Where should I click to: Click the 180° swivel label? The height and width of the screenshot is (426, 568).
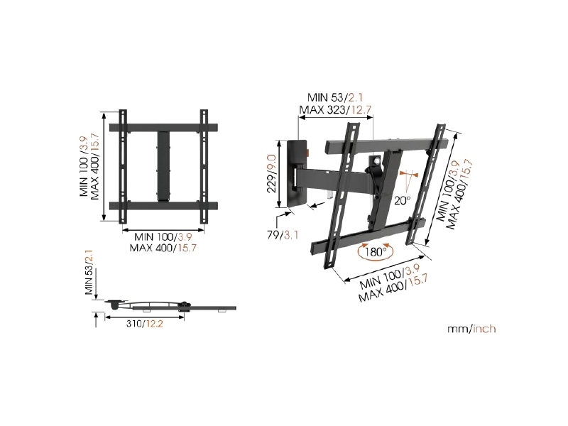[x=375, y=251]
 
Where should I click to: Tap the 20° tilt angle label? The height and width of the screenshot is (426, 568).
[x=402, y=200]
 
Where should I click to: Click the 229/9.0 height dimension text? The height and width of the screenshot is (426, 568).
[x=272, y=174]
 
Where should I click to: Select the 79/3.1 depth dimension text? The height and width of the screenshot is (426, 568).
[x=283, y=235]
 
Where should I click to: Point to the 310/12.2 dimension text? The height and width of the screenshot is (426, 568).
[x=145, y=324]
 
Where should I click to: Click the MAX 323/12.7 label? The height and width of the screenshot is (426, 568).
[x=335, y=109]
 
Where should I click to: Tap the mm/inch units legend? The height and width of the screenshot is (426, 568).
[x=471, y=329]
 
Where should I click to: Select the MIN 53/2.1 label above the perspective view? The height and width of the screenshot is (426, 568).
[x=335, y=97]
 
